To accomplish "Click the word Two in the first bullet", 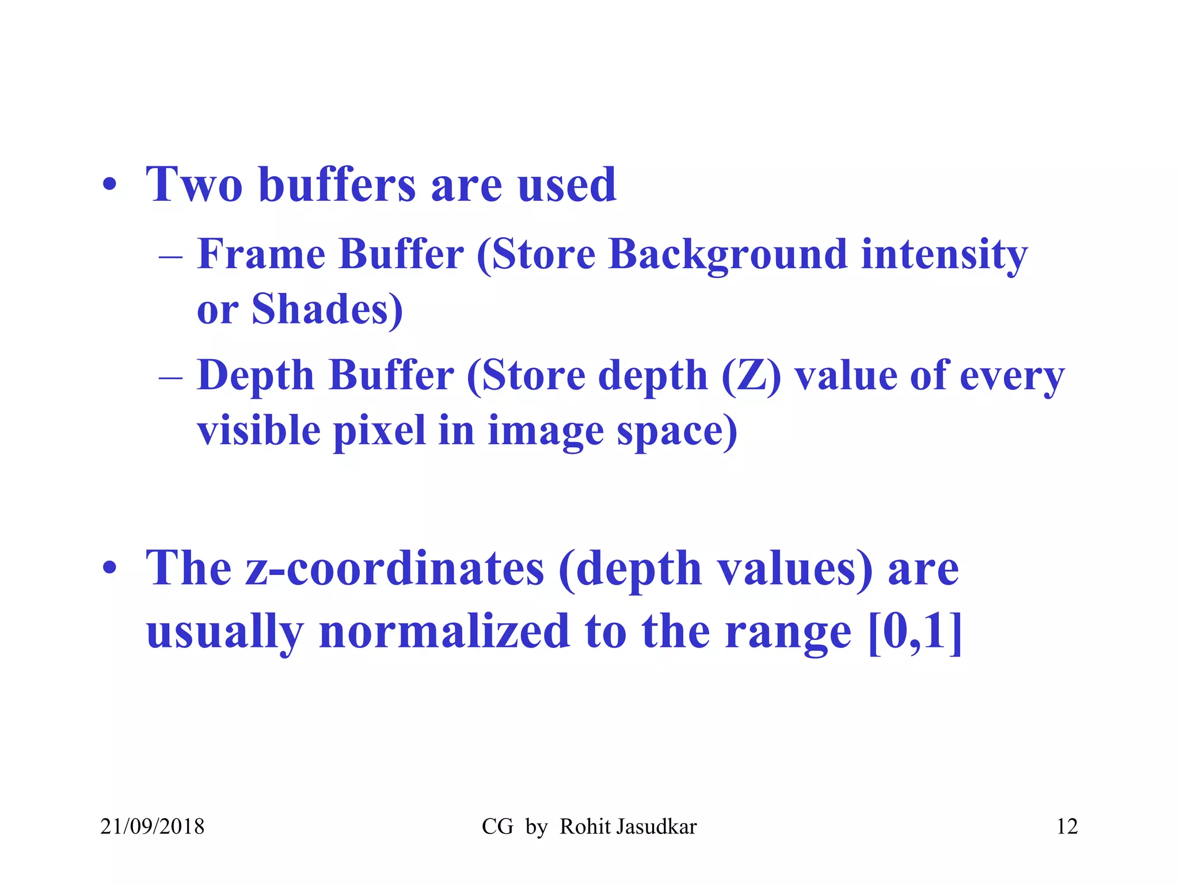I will pyautogui.click(x=194, y=185).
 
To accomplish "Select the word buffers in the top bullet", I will pyautogui.click(x=337, y=185).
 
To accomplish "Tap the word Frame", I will pyautogui.click(x=261, y=254).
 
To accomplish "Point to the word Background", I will pyautogui.click(x=728, y=255).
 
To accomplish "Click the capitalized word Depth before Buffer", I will pyautogui.click(x=256, y=376).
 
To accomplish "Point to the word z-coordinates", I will pyautogui.click(x=395, y=569).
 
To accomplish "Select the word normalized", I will pyautogui.click(x=444, y=631).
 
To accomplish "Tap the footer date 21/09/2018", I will pyautogui.click(x=152, y=826).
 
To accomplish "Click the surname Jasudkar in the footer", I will pyautogui.click(x=656, y=826).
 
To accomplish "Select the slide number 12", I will pyautogui.click(x=1067, y=826).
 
